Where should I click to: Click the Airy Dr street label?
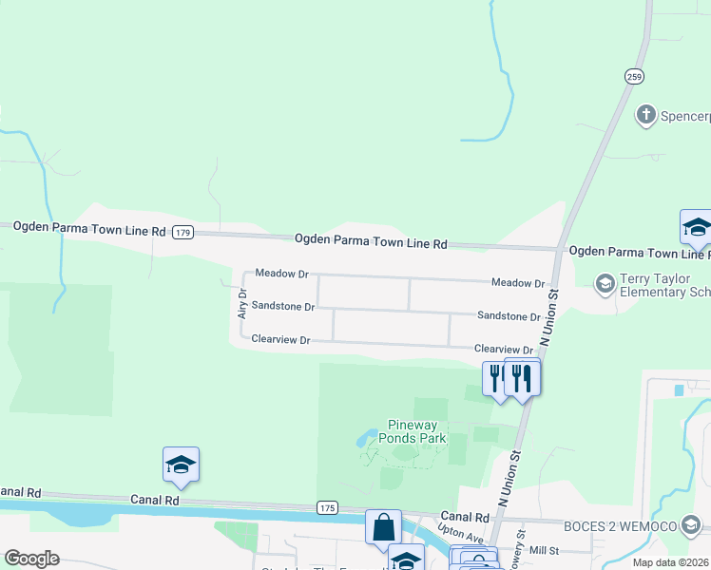(x=242, y=304)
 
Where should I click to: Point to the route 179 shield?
(x=183, y=232)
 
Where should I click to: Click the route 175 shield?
(x=327, y=508)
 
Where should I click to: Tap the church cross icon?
(x=646, y=116)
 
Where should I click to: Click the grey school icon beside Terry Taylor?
(x=604, y=282)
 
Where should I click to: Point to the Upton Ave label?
(x=454, y=535)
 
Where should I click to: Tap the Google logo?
(x=31, y=559)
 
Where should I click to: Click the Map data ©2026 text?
(x=670, y=562)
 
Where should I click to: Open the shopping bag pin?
(x=382, y=528)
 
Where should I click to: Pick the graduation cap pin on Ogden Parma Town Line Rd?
(x=696, y=228)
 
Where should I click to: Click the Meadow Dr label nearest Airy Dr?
(x=282, y=274)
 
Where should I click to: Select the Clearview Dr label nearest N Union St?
(x=504, y=350)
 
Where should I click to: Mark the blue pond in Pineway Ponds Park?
(x=365, y=440)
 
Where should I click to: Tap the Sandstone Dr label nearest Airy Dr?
(x=282, y=306)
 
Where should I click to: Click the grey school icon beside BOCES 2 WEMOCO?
(x=695, y=524)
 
